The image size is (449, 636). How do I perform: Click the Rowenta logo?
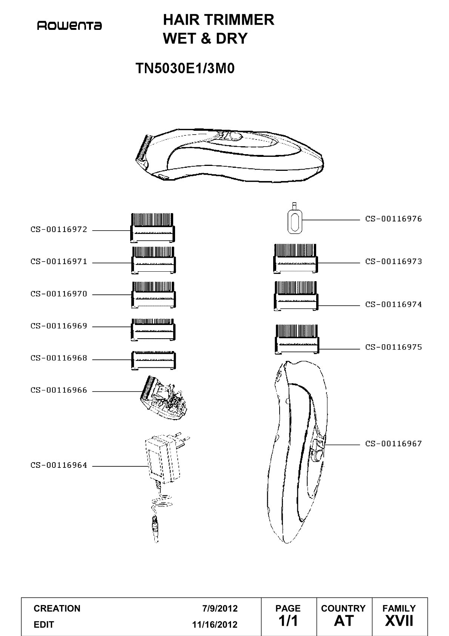click(69, 26)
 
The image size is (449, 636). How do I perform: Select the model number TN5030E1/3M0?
click(185, 68)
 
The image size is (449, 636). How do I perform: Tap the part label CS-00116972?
click(59, 229)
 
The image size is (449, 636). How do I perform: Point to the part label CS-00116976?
click(394, 219)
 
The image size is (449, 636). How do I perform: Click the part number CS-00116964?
click(59, 465)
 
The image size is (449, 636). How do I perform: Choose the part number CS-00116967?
click(394, 444)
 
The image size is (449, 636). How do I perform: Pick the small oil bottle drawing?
click(295, 218)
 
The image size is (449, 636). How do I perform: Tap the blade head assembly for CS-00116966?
click(164, 398)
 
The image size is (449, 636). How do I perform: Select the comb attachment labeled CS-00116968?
click(153, 361)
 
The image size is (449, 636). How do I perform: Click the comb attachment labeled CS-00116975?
click(297, 339)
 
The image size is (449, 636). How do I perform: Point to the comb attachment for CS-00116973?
click(295, 258)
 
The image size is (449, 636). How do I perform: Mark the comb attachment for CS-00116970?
click(153, 295)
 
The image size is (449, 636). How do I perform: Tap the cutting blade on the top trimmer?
click(143, 149)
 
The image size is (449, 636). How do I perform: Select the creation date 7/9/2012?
click(220, 608)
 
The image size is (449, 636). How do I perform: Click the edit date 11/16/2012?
click(215, 625)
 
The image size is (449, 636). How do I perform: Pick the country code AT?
click(344, 621)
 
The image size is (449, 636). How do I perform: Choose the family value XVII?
click(399, 621)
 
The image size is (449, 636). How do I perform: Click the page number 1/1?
click(288, 621)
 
